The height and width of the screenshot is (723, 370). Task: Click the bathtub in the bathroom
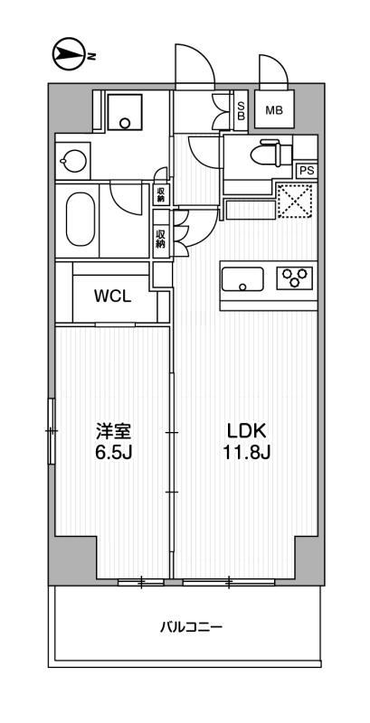[80, 220]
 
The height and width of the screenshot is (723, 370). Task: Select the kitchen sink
[242, 277]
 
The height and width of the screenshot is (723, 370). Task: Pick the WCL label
[113, 296]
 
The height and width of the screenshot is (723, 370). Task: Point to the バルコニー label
[191, 625]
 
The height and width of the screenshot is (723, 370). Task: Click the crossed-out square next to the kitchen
[294, 201]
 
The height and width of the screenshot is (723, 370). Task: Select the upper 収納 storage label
[161, 193]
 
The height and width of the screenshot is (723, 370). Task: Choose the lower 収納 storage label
[161, 239]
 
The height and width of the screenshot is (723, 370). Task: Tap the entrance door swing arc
[192, 65]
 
